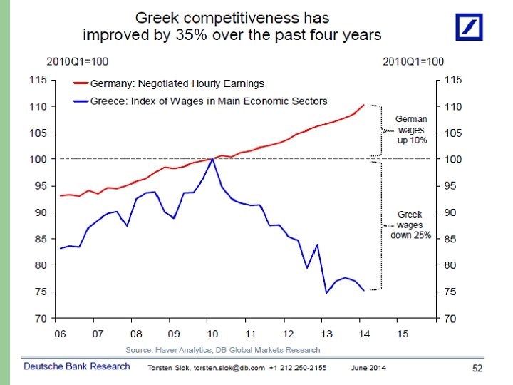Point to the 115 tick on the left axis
(38, 81)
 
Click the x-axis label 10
(212, 334)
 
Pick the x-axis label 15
(403, 334)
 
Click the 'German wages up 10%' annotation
(411, 130)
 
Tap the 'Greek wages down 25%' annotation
(410, 225)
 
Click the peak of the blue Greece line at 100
(212, 159)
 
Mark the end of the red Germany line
(363, 105)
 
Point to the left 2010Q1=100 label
(78, 61)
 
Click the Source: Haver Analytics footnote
(223, 350)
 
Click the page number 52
(477, 368)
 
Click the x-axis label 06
(59, 334)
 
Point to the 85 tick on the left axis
(38, 239)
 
